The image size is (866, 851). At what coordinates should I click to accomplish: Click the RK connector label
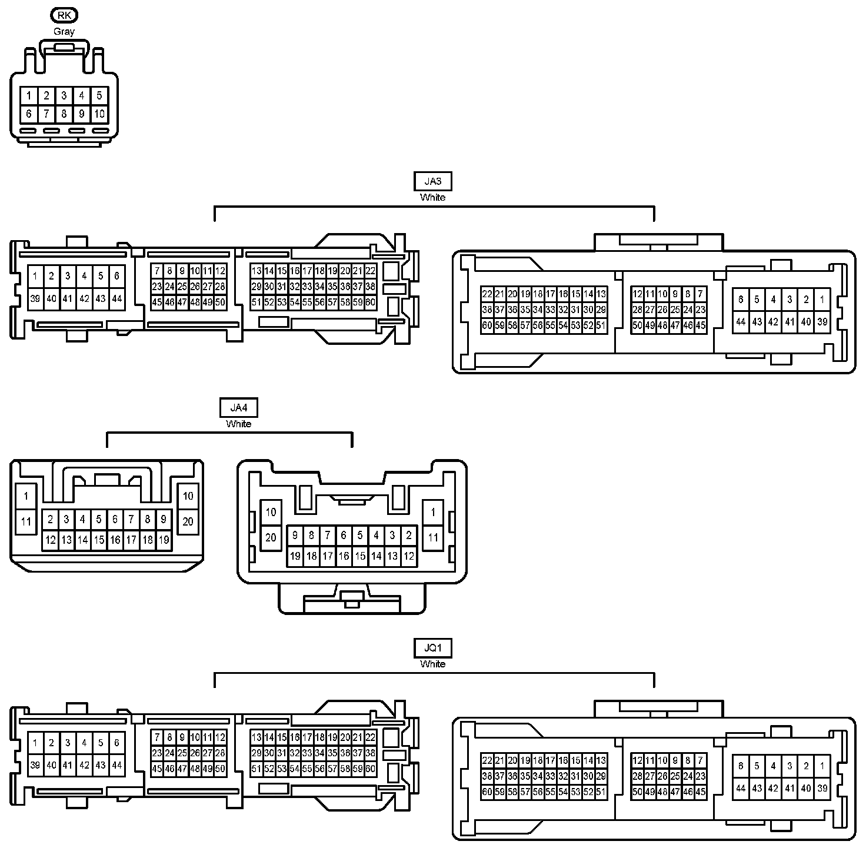64,15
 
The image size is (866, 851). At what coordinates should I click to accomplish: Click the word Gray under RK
64,32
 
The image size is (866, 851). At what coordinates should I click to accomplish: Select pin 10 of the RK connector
99,114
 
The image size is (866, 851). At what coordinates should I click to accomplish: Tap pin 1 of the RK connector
29,95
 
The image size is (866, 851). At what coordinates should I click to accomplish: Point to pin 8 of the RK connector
64,114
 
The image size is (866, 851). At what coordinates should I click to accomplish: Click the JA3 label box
433,181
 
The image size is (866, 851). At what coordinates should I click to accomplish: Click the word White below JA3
433,198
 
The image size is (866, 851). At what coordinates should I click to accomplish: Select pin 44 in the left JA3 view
117,299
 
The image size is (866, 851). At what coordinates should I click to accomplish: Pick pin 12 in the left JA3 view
220,271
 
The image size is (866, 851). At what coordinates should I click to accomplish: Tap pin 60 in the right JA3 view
487,325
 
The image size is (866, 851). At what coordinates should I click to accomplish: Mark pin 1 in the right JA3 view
822,300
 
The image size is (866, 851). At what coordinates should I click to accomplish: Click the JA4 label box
238,407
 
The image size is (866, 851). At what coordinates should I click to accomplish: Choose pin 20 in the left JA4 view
188,521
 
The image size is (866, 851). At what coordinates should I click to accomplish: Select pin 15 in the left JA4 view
99,540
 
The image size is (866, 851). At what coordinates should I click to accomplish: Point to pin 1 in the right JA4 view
433,512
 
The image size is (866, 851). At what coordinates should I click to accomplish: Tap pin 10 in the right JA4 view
271,512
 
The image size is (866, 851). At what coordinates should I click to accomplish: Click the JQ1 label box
433,648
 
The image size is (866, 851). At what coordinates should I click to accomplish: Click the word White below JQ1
433,664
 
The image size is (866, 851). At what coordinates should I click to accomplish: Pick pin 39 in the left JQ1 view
35,765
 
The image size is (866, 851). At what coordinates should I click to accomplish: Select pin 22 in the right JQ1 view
487,760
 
